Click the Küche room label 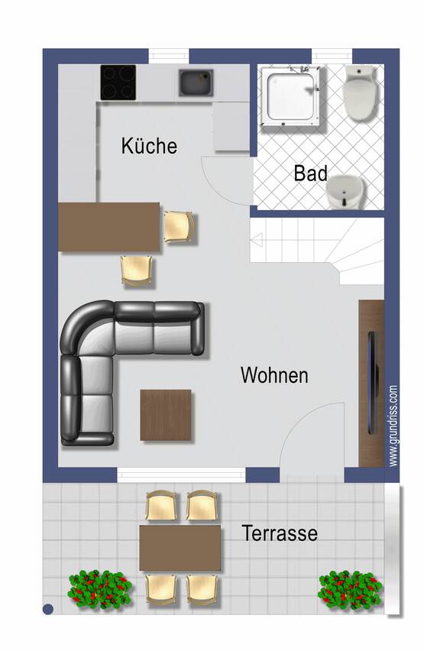coord(149,146)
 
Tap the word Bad coord(310,173)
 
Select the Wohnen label coord(274,375)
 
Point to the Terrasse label coord(280,533)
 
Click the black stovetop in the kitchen coord(118,83)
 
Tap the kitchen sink coord(196,83)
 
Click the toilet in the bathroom coord(358,93)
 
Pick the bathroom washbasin coord(345,192)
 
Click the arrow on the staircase coord(257,240)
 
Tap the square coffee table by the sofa coord(166,415)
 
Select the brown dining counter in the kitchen coord(108,227)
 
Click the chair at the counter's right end coord(179,227)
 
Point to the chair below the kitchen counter coord(138,270)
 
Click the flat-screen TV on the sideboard coord(373,383)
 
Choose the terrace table coord(180,548)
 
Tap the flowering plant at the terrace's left coord(99,589)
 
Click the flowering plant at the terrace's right coord(350,590)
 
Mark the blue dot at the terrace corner coord(48,609)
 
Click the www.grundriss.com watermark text coord(393,426)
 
